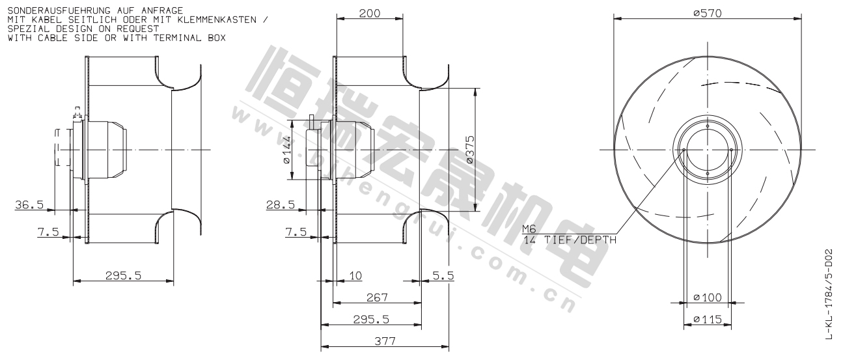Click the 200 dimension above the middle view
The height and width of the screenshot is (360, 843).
370,14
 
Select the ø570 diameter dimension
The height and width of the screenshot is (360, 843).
708,14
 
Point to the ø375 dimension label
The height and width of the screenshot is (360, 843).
470,150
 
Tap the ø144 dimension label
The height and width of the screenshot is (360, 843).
287,150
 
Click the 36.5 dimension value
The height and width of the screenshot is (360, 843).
29,205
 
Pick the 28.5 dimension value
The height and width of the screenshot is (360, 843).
281,205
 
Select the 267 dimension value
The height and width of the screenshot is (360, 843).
377,298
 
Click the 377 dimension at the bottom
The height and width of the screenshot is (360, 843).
385,342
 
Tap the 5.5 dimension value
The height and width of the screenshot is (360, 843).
443,276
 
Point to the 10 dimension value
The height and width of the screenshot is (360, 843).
355,276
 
